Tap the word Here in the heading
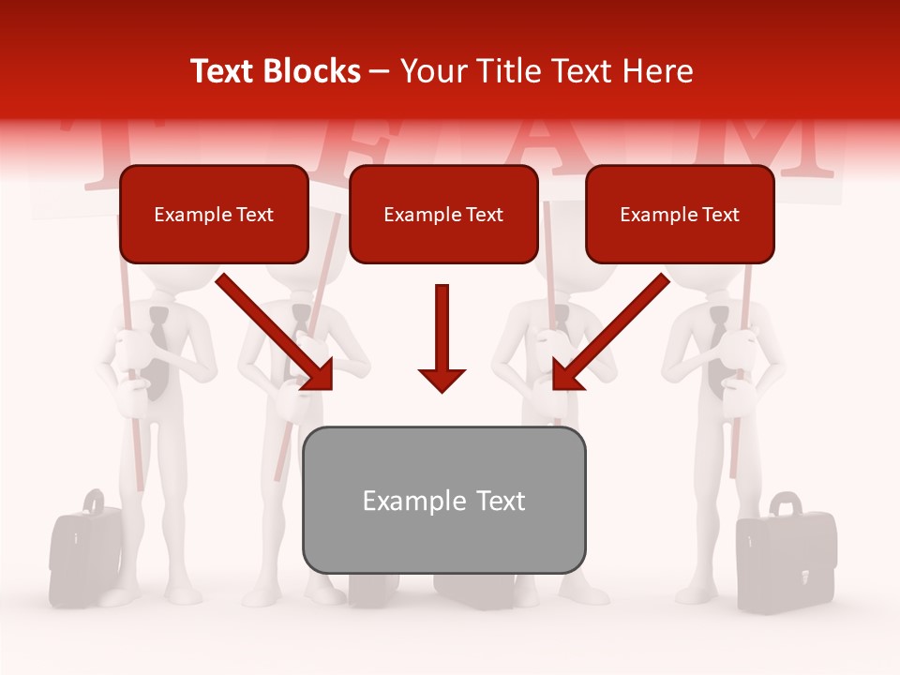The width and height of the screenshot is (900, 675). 658,71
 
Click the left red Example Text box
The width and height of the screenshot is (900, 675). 214,214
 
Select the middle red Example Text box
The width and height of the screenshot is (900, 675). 443,214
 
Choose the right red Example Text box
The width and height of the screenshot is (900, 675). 680,214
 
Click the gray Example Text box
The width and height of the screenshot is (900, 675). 443,500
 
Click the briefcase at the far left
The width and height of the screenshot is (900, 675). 84,553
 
